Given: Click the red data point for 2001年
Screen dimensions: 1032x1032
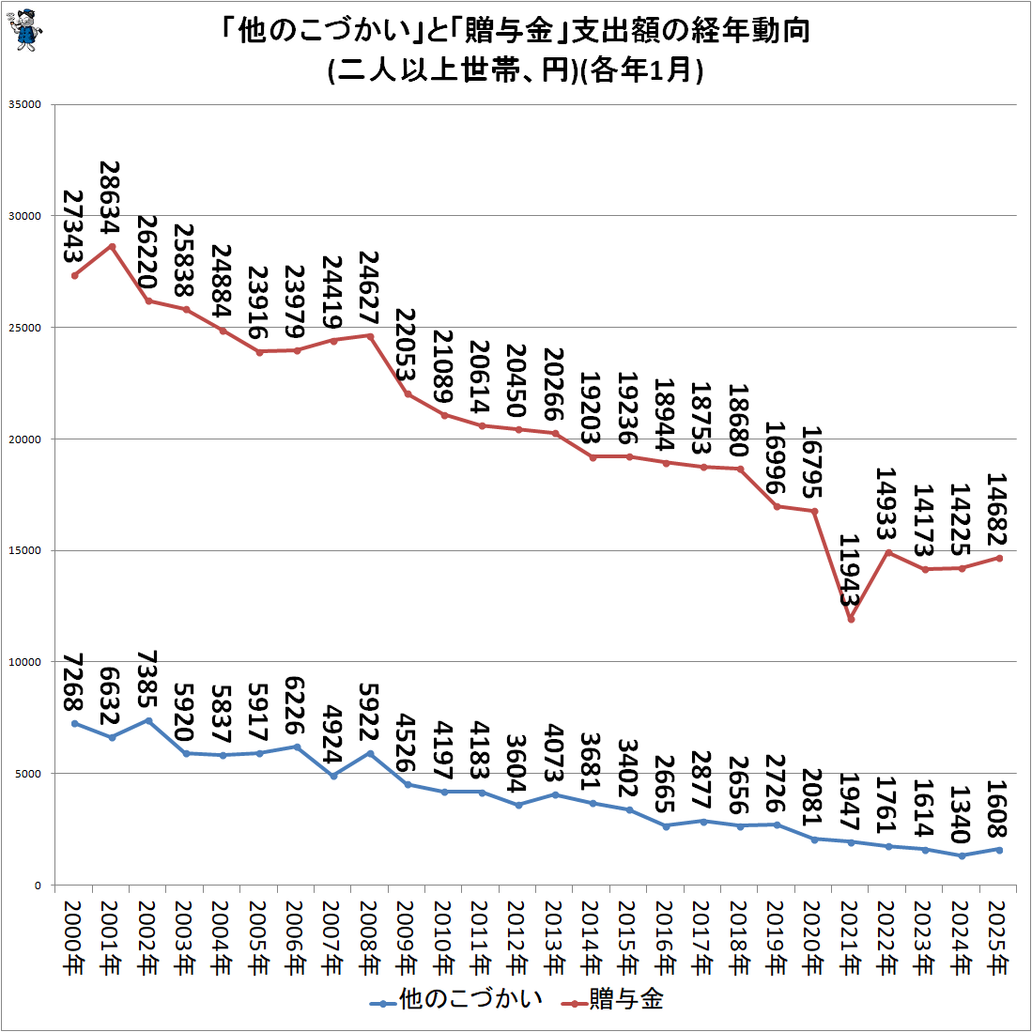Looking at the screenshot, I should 112,246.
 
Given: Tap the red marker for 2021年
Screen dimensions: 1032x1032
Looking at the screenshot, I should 851,619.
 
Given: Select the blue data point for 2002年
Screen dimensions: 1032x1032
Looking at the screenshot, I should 148,720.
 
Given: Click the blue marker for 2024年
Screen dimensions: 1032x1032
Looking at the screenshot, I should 962,855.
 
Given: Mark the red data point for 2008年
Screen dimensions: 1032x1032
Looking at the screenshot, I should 370,336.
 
